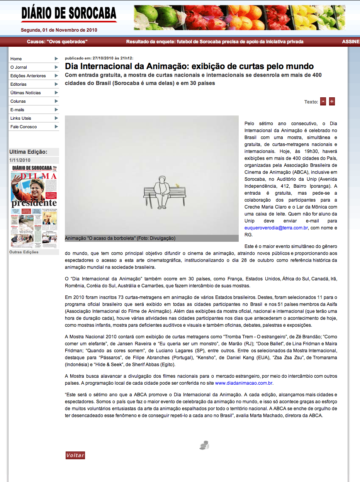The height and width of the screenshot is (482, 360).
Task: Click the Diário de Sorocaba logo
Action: [69, 14]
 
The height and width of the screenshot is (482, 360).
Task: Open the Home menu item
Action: [16, 59]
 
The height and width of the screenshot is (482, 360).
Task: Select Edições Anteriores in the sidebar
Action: [28, 76]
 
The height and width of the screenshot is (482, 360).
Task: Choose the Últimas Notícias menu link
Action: [25, 93]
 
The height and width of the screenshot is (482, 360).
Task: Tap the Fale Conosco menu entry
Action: [24, 127]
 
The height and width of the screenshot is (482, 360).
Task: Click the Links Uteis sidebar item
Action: [21, 118]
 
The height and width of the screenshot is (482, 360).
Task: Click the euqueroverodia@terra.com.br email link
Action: [276, 228]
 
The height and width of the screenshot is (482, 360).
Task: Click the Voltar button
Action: [75, 455]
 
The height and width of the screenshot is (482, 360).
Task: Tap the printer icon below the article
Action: [204, 445]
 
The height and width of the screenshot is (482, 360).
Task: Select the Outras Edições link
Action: [24, 252]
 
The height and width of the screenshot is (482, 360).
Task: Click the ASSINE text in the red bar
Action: [351, 42]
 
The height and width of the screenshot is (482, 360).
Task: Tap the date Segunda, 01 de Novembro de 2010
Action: [59, 30]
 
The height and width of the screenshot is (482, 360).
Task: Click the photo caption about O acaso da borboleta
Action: [120, 238]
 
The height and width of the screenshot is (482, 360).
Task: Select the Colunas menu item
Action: [18, 101]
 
